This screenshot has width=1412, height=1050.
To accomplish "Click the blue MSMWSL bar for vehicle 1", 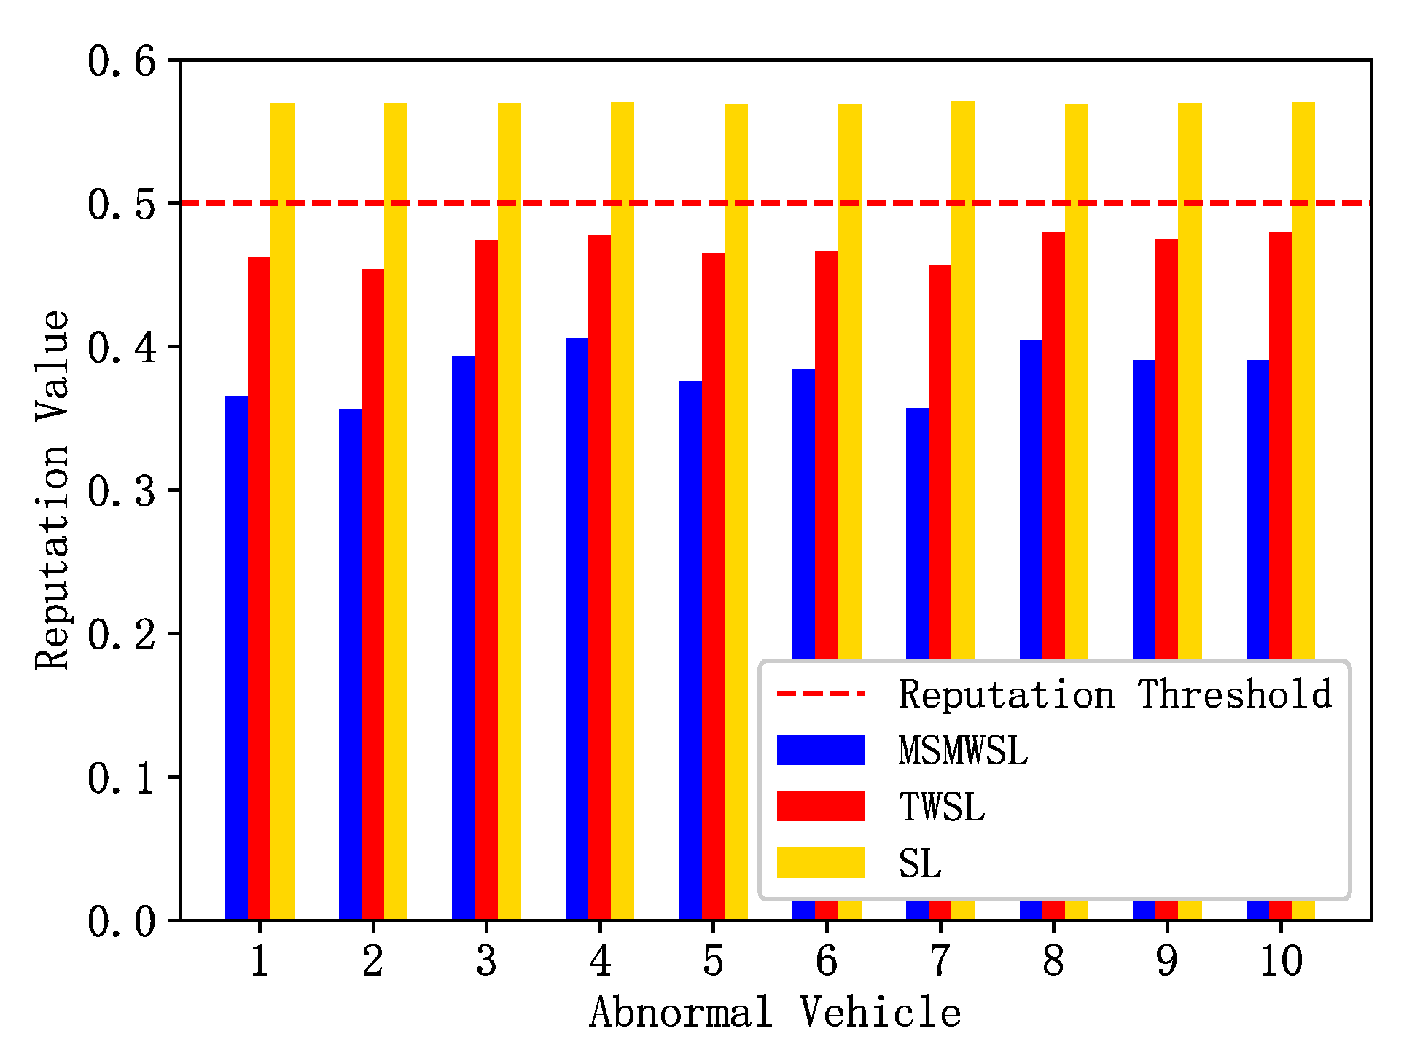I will (x=236, y=656).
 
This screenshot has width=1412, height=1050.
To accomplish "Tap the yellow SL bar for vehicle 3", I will (x=510, y=510).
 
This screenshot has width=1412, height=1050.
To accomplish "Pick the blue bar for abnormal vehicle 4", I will (x=577, y=627).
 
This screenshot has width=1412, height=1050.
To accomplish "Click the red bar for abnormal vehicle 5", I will (x=713, y=583).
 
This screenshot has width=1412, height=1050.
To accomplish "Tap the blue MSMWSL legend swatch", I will (x=820, y=750).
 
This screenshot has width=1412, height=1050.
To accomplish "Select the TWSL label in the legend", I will (x=942, y=807).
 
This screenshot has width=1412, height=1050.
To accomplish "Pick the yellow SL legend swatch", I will (x=820, y=863).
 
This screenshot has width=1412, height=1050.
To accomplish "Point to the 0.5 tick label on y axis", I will (x=122, y=205).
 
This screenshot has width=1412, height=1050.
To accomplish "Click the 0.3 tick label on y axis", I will (x=122, y=492).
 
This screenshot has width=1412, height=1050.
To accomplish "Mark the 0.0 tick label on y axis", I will (x=122, y=922).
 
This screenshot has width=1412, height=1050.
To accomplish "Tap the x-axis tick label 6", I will (x=827, y=961).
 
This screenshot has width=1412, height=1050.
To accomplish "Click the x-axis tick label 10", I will (x=1281, y=961).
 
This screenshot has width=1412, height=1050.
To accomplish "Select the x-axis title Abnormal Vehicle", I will (x=775, y=1013).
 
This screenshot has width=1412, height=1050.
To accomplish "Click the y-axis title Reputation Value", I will (x=52, y=490).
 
